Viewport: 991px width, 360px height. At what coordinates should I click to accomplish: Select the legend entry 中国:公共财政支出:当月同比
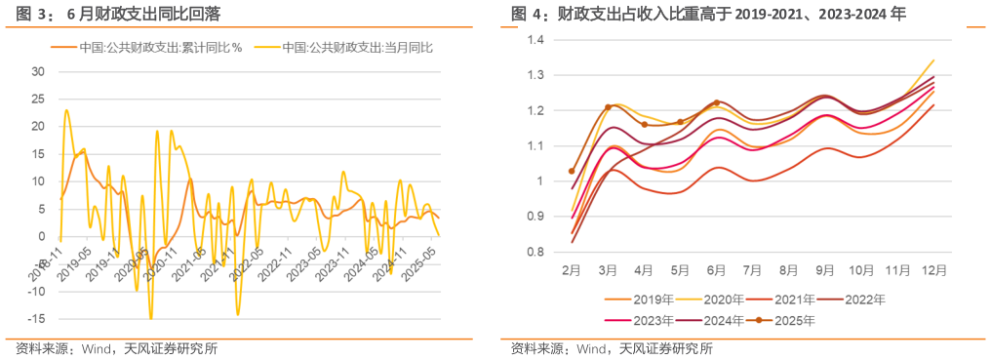357,47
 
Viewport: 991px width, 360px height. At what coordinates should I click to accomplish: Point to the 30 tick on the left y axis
39,72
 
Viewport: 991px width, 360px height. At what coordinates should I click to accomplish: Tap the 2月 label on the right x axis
572,266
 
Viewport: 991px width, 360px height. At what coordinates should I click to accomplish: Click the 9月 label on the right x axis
825,266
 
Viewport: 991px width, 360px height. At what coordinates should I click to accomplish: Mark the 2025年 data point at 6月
717,102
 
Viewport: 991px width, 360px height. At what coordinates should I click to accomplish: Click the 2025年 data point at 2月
572,171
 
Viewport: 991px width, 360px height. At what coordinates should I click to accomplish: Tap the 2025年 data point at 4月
644,125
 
